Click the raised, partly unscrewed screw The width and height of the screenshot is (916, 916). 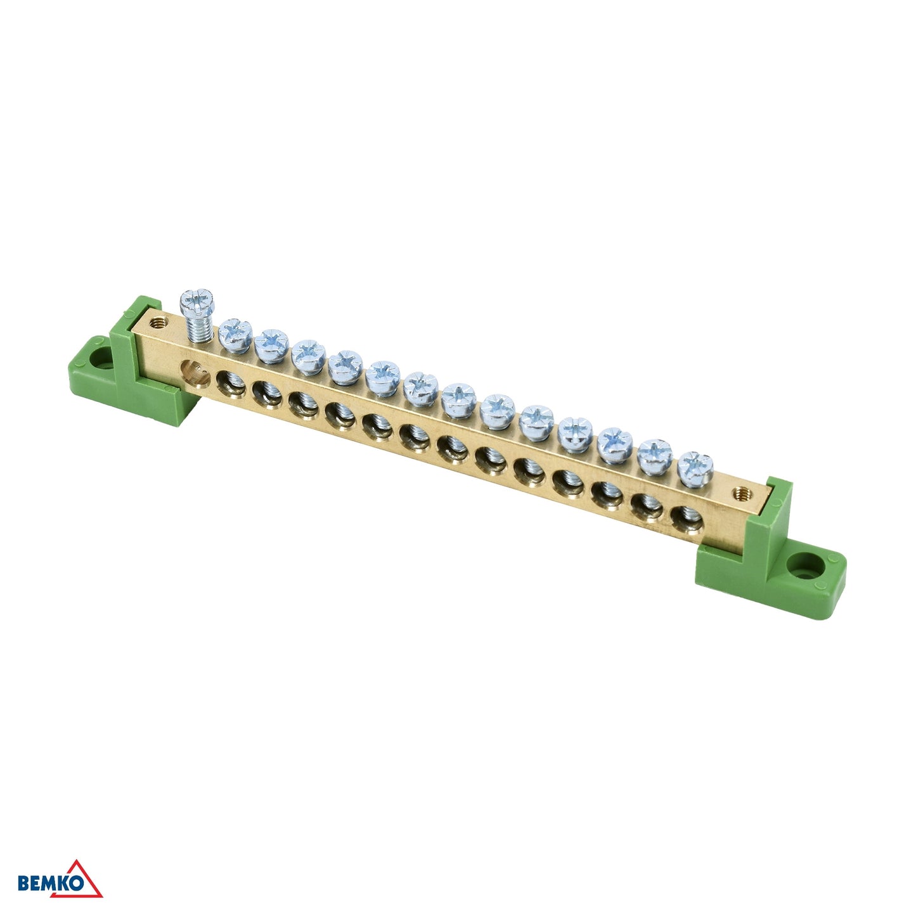[x=197, y=314]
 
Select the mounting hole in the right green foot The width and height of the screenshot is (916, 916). [x=805, y=566]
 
